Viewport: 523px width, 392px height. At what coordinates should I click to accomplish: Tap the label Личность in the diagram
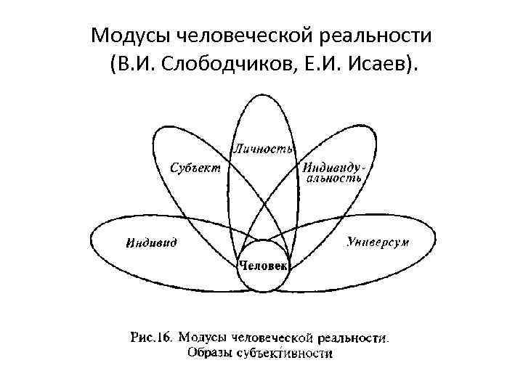coord(262,149)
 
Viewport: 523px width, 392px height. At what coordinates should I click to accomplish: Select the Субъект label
coord(195,166)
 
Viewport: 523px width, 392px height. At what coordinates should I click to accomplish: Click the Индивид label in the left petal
coord(150,242)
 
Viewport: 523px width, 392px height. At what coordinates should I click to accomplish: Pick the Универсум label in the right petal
coord(377,240)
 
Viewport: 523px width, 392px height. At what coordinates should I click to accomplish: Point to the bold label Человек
coord(263,266)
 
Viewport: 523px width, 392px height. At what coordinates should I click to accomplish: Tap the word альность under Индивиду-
coord(335,179)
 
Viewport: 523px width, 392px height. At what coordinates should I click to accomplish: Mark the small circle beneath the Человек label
coord(263,279)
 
